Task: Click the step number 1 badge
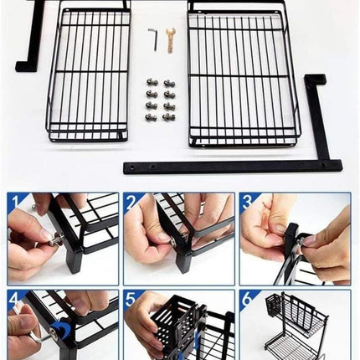point(15,202)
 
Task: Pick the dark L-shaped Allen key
point(152,39)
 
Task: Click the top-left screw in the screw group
point(152,83)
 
